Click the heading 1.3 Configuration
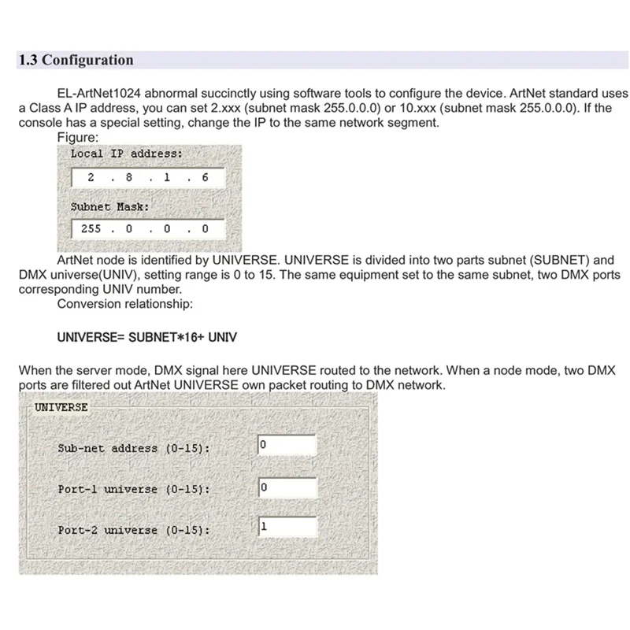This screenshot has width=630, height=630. [x=76, y=60]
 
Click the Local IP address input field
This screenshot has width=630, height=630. [x=147, y=178]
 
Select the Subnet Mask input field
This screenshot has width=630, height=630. [x=147, y=229]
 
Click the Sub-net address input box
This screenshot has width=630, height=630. [x=287, y=446]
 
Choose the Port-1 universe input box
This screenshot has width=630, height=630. [x=287, y=487]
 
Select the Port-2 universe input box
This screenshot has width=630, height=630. [x=287, y=528]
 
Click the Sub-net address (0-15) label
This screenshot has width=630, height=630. [x=133, y=448]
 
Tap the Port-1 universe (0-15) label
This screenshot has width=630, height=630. [x=133, y=489]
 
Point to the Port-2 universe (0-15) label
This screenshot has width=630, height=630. [x=133, y=530]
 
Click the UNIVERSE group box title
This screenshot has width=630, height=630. [x=61, y=407]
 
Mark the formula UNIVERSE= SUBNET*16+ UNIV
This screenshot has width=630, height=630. [x=147, y=337]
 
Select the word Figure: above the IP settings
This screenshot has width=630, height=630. [x=77, y=137]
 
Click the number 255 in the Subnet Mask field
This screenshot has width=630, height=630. [x=91, y=229]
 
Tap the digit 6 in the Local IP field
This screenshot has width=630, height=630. [x=205, y=178]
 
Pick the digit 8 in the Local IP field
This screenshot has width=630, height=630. [x=128, y=178]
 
